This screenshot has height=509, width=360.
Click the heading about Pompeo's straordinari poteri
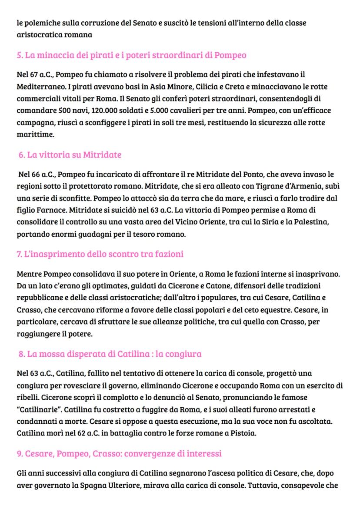coord(131,56)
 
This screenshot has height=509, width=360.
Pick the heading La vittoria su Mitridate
coord(70,155)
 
